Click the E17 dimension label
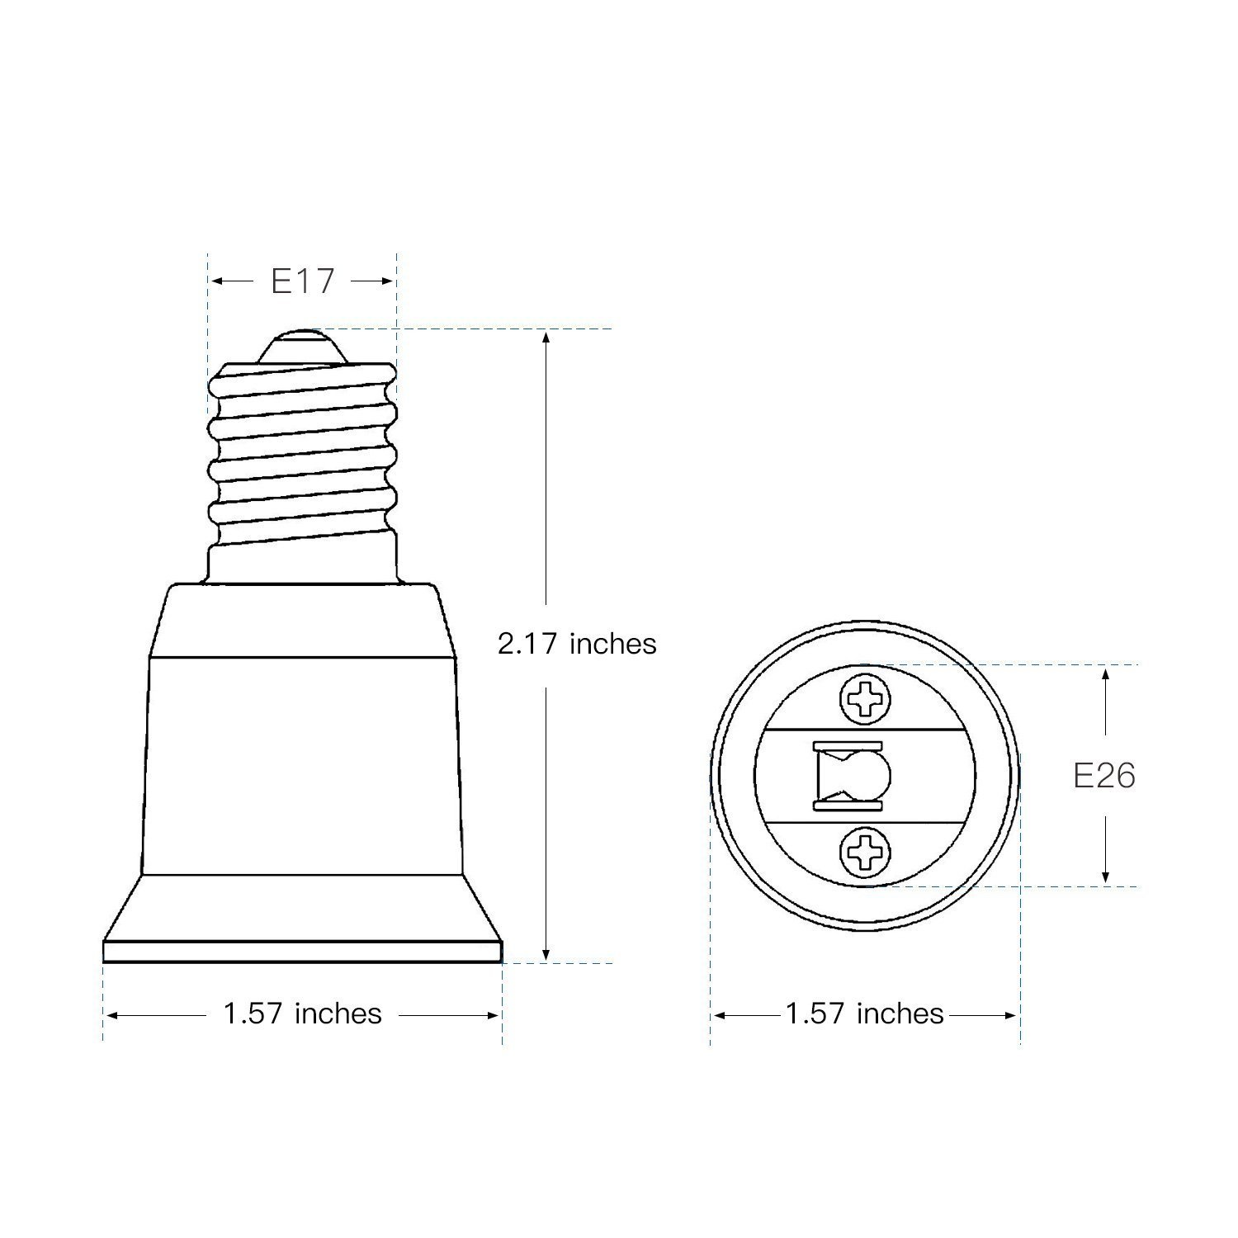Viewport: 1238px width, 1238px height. tap(302, 281)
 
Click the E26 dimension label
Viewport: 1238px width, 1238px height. tap(1104, 776)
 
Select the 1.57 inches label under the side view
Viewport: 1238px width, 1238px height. tap(302, 1014)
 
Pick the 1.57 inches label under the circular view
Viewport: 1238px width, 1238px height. tap(864, 1014)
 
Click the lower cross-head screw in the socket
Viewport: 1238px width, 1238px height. tap(865, 852)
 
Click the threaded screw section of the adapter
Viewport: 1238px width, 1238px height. tap(302, 458)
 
